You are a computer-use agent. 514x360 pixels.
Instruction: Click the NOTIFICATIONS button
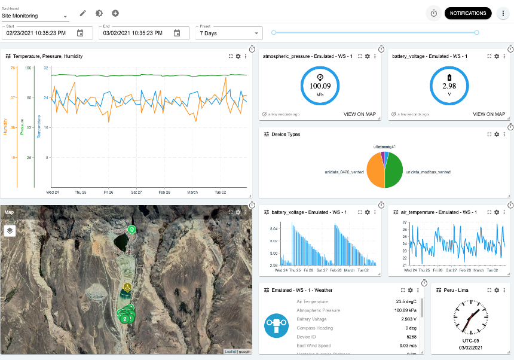click(x=468, y=13)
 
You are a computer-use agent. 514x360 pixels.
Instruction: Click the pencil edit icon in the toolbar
click(x=83, y=13)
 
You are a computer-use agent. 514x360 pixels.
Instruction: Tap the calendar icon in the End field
click(x=177, y=33)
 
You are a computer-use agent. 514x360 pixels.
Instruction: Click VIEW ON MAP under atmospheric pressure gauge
click(x=359, y=114)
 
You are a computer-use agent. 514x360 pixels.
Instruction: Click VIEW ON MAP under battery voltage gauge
click(x=488, y=114)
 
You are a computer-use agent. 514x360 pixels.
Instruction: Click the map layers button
click(x=10, y=230)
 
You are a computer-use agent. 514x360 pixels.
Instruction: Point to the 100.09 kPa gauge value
click(x=320, y=86)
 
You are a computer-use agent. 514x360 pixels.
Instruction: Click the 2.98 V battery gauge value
click(x=449, y=86)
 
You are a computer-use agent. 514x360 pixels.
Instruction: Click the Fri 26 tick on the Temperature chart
click(x=108, y=193)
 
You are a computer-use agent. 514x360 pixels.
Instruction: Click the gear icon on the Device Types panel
click(x=496, y=134)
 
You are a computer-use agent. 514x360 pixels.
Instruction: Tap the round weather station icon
click(x=277, y=325)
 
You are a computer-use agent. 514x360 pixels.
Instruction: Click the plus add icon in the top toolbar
click(x=115, y=13)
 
